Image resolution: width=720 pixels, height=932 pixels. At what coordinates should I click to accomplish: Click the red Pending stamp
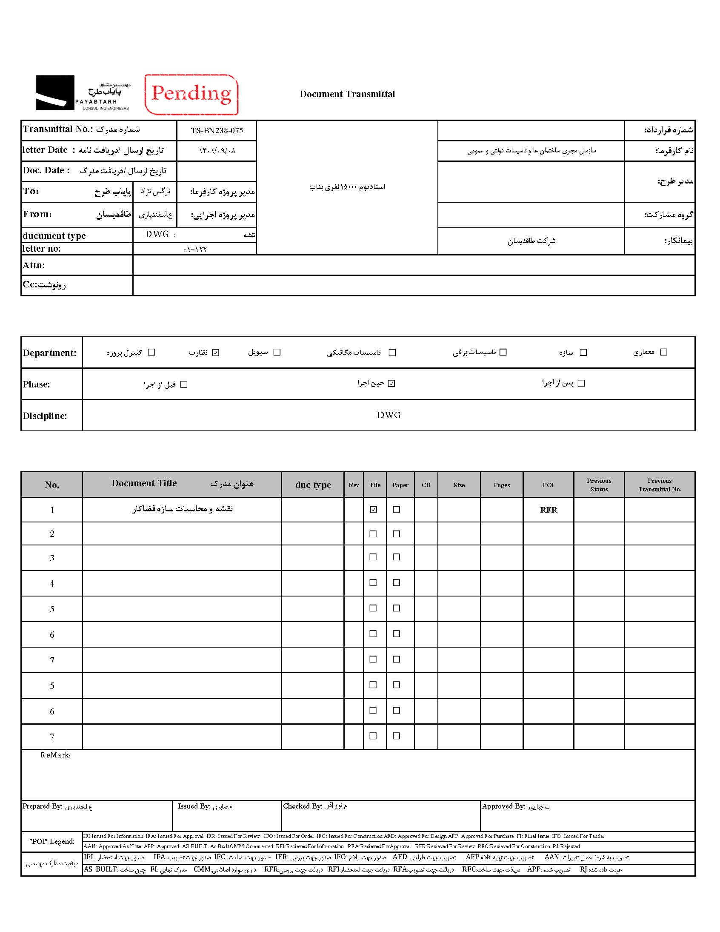(x=191, y=95)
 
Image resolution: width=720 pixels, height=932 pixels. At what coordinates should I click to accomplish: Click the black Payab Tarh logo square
(x=55, y=92)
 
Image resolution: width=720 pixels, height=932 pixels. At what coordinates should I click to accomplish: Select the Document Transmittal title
(x=347, y=94)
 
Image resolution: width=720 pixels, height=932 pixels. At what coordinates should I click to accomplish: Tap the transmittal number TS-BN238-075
(x=217, y=131)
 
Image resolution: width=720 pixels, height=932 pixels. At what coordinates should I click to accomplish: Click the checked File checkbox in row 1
(x=374, y=509)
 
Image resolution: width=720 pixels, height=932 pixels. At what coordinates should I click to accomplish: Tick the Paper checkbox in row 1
(x=397, y=509)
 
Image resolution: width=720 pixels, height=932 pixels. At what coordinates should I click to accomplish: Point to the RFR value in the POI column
(x=549, y=510)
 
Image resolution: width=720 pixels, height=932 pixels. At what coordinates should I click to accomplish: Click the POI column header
(x=548, y=485)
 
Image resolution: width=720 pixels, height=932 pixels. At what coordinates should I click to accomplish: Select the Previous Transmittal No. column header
(x=660, y=485)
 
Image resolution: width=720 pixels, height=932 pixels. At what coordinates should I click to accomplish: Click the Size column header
(x=459, y=485)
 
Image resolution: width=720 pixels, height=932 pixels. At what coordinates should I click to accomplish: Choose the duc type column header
(x=313, y=485)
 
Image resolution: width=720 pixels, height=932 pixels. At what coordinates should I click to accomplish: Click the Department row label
(x=49, y=353)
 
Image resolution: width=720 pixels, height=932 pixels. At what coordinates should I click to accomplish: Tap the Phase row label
(x=36, y=384)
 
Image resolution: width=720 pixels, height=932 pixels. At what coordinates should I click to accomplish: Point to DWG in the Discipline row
(x=389, y=415)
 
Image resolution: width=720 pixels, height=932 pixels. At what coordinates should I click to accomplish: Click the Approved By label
(x=503, y=806)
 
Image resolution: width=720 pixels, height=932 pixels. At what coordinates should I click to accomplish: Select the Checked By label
(x=303, y=806)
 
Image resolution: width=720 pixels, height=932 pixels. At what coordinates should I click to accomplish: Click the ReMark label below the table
(x=55, y=755)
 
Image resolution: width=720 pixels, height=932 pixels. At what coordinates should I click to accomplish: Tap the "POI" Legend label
(x=51, y=842)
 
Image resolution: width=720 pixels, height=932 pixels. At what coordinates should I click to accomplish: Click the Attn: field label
(x=34, y=265)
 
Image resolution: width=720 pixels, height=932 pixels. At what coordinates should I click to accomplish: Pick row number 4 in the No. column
(x=52, y=584)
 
